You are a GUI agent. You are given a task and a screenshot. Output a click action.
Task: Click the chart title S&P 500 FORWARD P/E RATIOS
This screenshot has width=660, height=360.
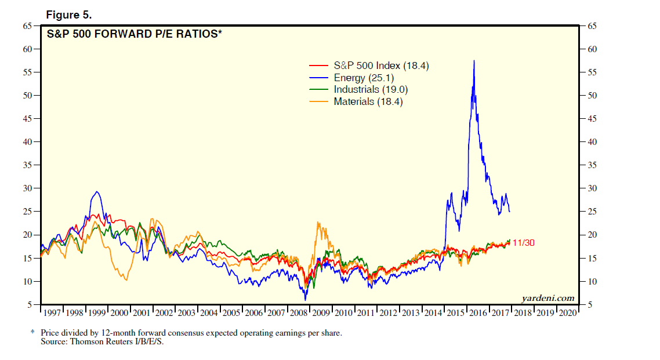tap(134, 34)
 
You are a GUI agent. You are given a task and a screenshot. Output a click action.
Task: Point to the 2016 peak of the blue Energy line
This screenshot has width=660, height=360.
tap(474, 61)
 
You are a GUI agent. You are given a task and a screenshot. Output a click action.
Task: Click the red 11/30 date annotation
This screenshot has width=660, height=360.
tap(524, 243)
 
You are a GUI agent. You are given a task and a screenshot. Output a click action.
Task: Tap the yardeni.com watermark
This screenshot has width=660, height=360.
tap(548, 299)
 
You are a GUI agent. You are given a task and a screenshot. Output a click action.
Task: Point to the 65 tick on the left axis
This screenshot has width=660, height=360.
tap(27, 26)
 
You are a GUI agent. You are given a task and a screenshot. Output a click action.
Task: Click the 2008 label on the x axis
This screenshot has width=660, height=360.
tap(299, 313)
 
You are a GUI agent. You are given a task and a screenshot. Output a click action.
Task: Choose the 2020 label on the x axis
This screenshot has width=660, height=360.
tap(568, 313)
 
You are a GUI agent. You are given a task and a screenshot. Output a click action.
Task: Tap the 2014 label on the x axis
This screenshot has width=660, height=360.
tap(434, 313)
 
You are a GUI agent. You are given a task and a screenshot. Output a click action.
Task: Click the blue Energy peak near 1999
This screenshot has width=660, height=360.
tap(97, 192)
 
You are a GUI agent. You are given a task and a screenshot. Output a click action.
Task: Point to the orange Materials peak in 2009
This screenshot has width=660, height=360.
tap(318, 222)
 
